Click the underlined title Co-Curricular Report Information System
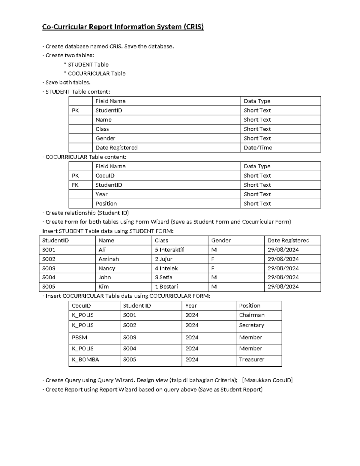pyautogui.click(x=123, y=27)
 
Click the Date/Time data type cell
pyautogui.click(x=258, y=148)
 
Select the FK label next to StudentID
pyautogui.click(x=75, y=185)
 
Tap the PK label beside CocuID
pyautogui.click(x=75, y=176)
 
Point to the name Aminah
pyautogui.click(x=109, y=259)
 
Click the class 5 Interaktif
pyautogui.click(x=169, y=250)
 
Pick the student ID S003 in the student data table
pyautogui.click(x=49, y=268)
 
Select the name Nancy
pyautogui.click(x=107, y=268)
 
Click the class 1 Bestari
pyautogui.click(x=166, y=287)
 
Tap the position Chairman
pyautogui.click(x=252, y=315)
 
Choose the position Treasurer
pyautogui.click(x=251, y=359)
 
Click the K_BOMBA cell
pyautogui.click(x=85, y=359)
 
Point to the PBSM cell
pyautogui.click(x=79, y=337)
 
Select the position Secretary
pyautogui.click(x=251, y=325)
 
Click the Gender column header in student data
pyautogui.click(x=221, y=240)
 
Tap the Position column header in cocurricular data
pyautogui.click(x=250, y=305)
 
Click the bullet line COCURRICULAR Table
pyautogui.click(x=96, y=74)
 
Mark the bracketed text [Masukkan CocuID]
pyautogui.click(x=267, y=380)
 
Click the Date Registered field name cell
pyautogui.click(x=116, y=148)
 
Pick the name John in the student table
pyautogui.click(x=105, y=277)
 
